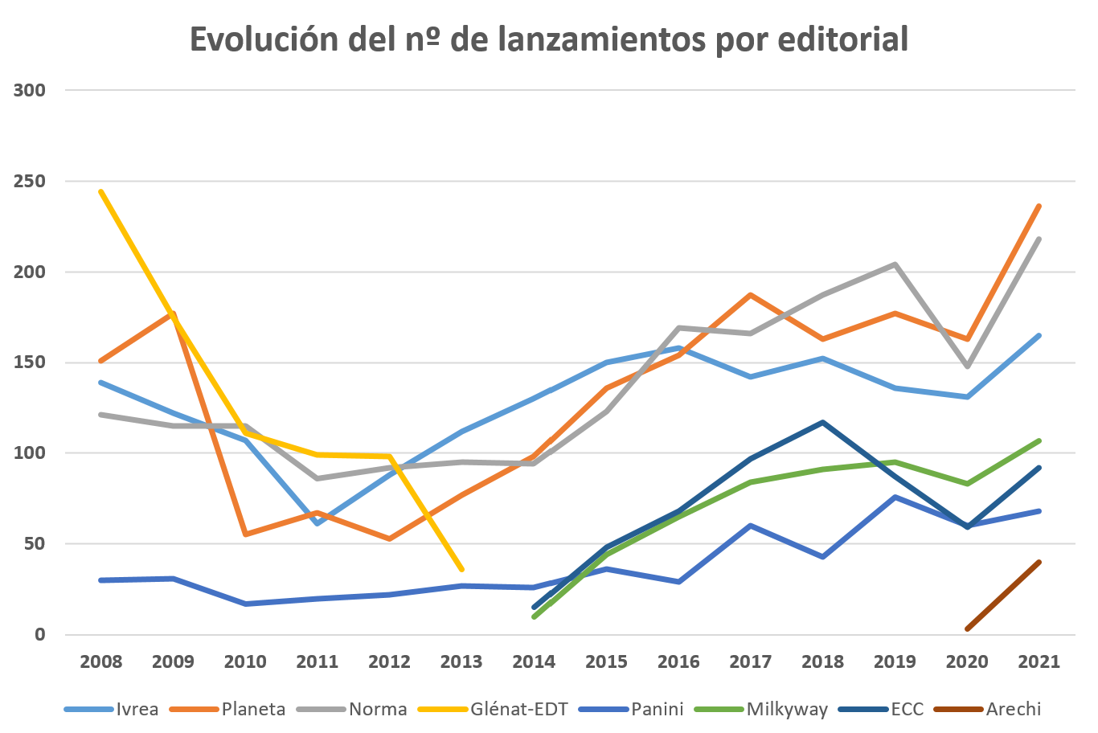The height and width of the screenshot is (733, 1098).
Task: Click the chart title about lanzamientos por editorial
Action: (549, 39)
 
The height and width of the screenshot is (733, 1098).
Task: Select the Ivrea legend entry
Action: (137, 709)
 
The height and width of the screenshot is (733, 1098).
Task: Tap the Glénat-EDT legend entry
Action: (519, 709)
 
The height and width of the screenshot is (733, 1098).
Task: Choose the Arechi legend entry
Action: (1013, 709)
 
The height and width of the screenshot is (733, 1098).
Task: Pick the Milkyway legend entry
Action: (787, 709)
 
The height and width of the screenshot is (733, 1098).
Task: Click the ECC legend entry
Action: (907, 709)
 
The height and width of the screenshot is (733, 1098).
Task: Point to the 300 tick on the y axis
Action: (30, 90)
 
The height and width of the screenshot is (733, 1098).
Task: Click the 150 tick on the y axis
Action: (30, 362)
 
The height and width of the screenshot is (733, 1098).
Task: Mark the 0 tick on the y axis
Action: (39, 635)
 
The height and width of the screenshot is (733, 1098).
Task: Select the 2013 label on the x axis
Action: (461, 662)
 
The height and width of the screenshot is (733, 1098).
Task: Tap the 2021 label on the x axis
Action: (1039, 662)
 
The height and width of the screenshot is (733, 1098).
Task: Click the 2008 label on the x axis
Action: (101, 662)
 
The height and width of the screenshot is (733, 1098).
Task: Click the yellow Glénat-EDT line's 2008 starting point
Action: (101, 192)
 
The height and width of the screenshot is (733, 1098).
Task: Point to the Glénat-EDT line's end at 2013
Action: (461, 569)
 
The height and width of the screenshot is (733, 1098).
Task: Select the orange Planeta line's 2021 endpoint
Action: (1039, 207)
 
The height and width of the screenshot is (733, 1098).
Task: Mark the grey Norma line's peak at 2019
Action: (895, 264)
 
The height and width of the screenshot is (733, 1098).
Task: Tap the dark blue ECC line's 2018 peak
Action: (822, 422)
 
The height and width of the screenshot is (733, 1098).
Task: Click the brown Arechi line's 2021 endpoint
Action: (1039, 563)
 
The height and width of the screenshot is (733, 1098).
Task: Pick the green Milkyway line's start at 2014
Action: (534, 616)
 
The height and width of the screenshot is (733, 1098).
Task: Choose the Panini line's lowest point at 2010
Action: (245, 604)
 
